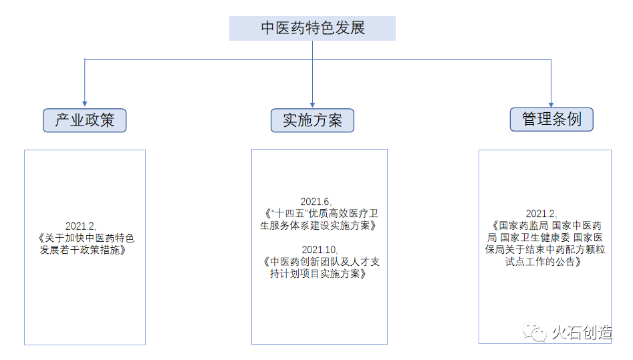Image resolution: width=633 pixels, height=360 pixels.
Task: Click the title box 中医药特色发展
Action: [x=312, y=29]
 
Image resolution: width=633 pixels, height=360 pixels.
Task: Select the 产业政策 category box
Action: [x=84, y=120]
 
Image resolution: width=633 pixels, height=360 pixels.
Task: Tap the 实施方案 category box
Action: [x=312, y=120]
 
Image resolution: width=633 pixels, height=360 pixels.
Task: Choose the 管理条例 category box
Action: [x=551, y=120]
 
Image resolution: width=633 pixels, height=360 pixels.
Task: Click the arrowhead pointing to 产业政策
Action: [x=84, y=103]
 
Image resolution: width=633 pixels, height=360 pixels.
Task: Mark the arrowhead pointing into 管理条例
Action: [x=551, y=103]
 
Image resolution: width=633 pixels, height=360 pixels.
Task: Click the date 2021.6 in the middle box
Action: [x=315, y=202]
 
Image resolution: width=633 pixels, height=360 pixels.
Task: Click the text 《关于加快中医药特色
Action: [x=86, y=238]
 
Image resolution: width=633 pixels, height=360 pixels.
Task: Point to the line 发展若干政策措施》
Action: [x=82, y=250]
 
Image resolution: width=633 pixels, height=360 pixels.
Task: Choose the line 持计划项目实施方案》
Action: [x=318, y=274]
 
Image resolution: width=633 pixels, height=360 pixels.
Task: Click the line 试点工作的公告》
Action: [x=543, y=262]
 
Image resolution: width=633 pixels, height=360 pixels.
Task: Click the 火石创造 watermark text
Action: [x=581, y=333]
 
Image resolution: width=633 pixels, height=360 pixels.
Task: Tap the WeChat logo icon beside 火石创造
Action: [x=534, y=332]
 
